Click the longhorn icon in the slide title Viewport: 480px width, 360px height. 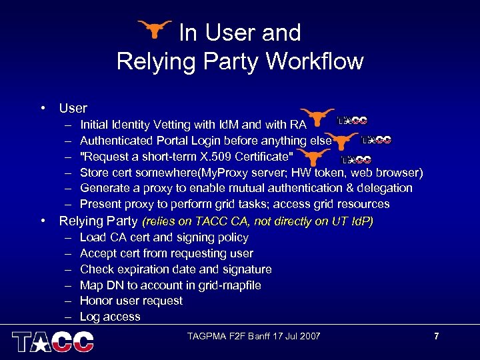tap(155, 29)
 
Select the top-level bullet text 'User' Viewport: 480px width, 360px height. tap(73, 108)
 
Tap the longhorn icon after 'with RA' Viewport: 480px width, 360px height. tap(317, 118)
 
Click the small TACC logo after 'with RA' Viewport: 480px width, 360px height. tap(352, 121)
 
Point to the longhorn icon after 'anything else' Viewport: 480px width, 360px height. tap(341, 141)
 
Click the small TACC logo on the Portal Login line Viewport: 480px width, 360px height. tap(376, 140)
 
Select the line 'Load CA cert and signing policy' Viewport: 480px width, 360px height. tap(164, 237)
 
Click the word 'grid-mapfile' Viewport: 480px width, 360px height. tap(229, 285)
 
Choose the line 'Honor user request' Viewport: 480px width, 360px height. tap(131, 301)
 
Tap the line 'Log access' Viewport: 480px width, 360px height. tap(110, 317)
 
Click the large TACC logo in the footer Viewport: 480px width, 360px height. tap(53, 341)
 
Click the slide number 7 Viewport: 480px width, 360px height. tap(436, 336)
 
